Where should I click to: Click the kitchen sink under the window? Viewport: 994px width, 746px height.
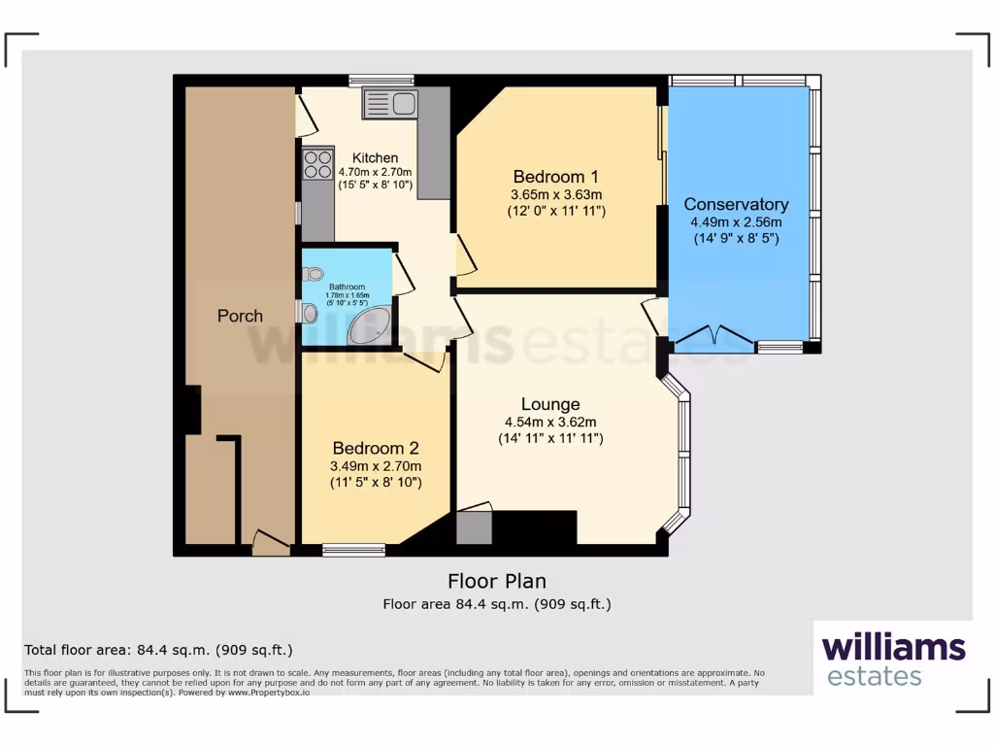click(x=389, y=103)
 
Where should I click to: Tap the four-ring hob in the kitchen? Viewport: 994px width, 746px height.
click(x=317, y=164)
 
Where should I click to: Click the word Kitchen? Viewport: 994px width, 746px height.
click(x=375, y=158)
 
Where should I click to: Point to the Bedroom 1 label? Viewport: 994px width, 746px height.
click(x=555, y=177)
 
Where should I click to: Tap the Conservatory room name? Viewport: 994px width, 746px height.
click(x=736, y=204)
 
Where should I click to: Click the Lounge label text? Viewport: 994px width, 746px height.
click(x=550, y=404)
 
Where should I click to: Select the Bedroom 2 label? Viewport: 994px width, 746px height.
click(x=376, y=448)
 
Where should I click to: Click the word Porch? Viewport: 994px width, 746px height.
click(x=240, y=316)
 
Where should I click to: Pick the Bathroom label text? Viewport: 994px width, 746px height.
click(x=347, y=288)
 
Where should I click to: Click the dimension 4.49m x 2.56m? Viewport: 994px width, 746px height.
click(x=736, y=221)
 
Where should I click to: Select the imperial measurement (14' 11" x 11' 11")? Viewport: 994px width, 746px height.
click(x=549, y=438)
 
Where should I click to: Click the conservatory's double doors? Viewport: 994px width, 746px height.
click(x=715, y=339)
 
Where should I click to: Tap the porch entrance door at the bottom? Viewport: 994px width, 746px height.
click(x=271, y=544)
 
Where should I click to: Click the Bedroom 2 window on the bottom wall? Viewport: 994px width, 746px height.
click(x=353, y=551)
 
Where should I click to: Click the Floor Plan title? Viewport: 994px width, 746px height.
click(x=496, y=581)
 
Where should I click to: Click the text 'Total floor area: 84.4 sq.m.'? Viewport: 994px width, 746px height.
click(x=157, y=650)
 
